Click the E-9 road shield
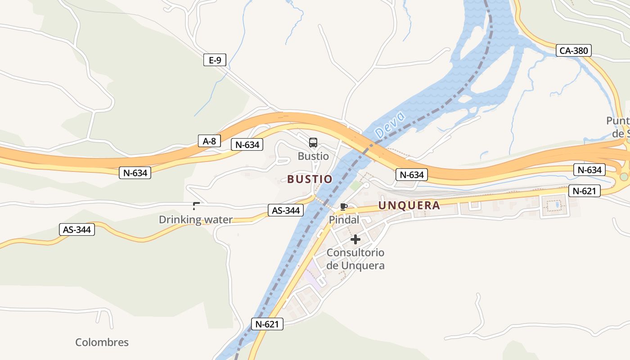point(215,60)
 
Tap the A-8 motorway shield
point(209,141)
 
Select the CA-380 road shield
point(573,50)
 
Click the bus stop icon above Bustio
point(313,143)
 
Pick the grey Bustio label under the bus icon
point(313,156)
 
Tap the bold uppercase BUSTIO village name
point(310,179)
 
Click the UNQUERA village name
point(409,206)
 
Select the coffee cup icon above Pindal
point(344,207)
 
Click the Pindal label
point(344,220)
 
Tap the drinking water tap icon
point(196,207)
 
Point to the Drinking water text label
point(196,220)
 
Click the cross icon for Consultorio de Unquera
point(355,239)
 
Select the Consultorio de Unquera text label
point(355,259)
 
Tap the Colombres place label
point(102,342)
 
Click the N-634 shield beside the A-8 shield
point(247,144)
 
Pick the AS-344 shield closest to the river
point(286,210)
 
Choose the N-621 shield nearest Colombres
point(267,324)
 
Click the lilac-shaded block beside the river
point(315,277)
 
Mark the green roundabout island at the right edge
point(624,176)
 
